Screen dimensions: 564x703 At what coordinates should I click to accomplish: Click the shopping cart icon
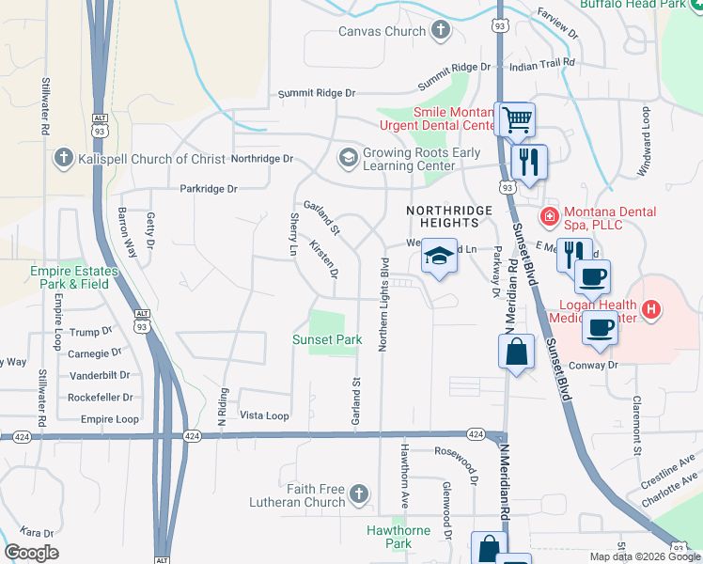514,119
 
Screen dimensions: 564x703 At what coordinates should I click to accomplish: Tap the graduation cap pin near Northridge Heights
439,256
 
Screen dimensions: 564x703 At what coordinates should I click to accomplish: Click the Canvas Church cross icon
440,31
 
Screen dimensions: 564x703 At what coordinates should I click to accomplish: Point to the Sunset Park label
327,339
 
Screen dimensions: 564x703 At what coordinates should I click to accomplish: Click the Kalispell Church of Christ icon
64,157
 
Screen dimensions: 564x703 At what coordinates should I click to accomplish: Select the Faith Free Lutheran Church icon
358,493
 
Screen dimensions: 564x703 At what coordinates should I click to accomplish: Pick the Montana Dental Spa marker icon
549,217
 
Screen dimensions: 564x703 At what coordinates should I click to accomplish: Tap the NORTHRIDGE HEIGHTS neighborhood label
442,216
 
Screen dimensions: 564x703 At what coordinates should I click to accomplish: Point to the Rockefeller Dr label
99,398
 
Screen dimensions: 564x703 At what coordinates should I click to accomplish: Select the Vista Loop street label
264,415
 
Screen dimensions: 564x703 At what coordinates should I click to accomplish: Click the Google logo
31,553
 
